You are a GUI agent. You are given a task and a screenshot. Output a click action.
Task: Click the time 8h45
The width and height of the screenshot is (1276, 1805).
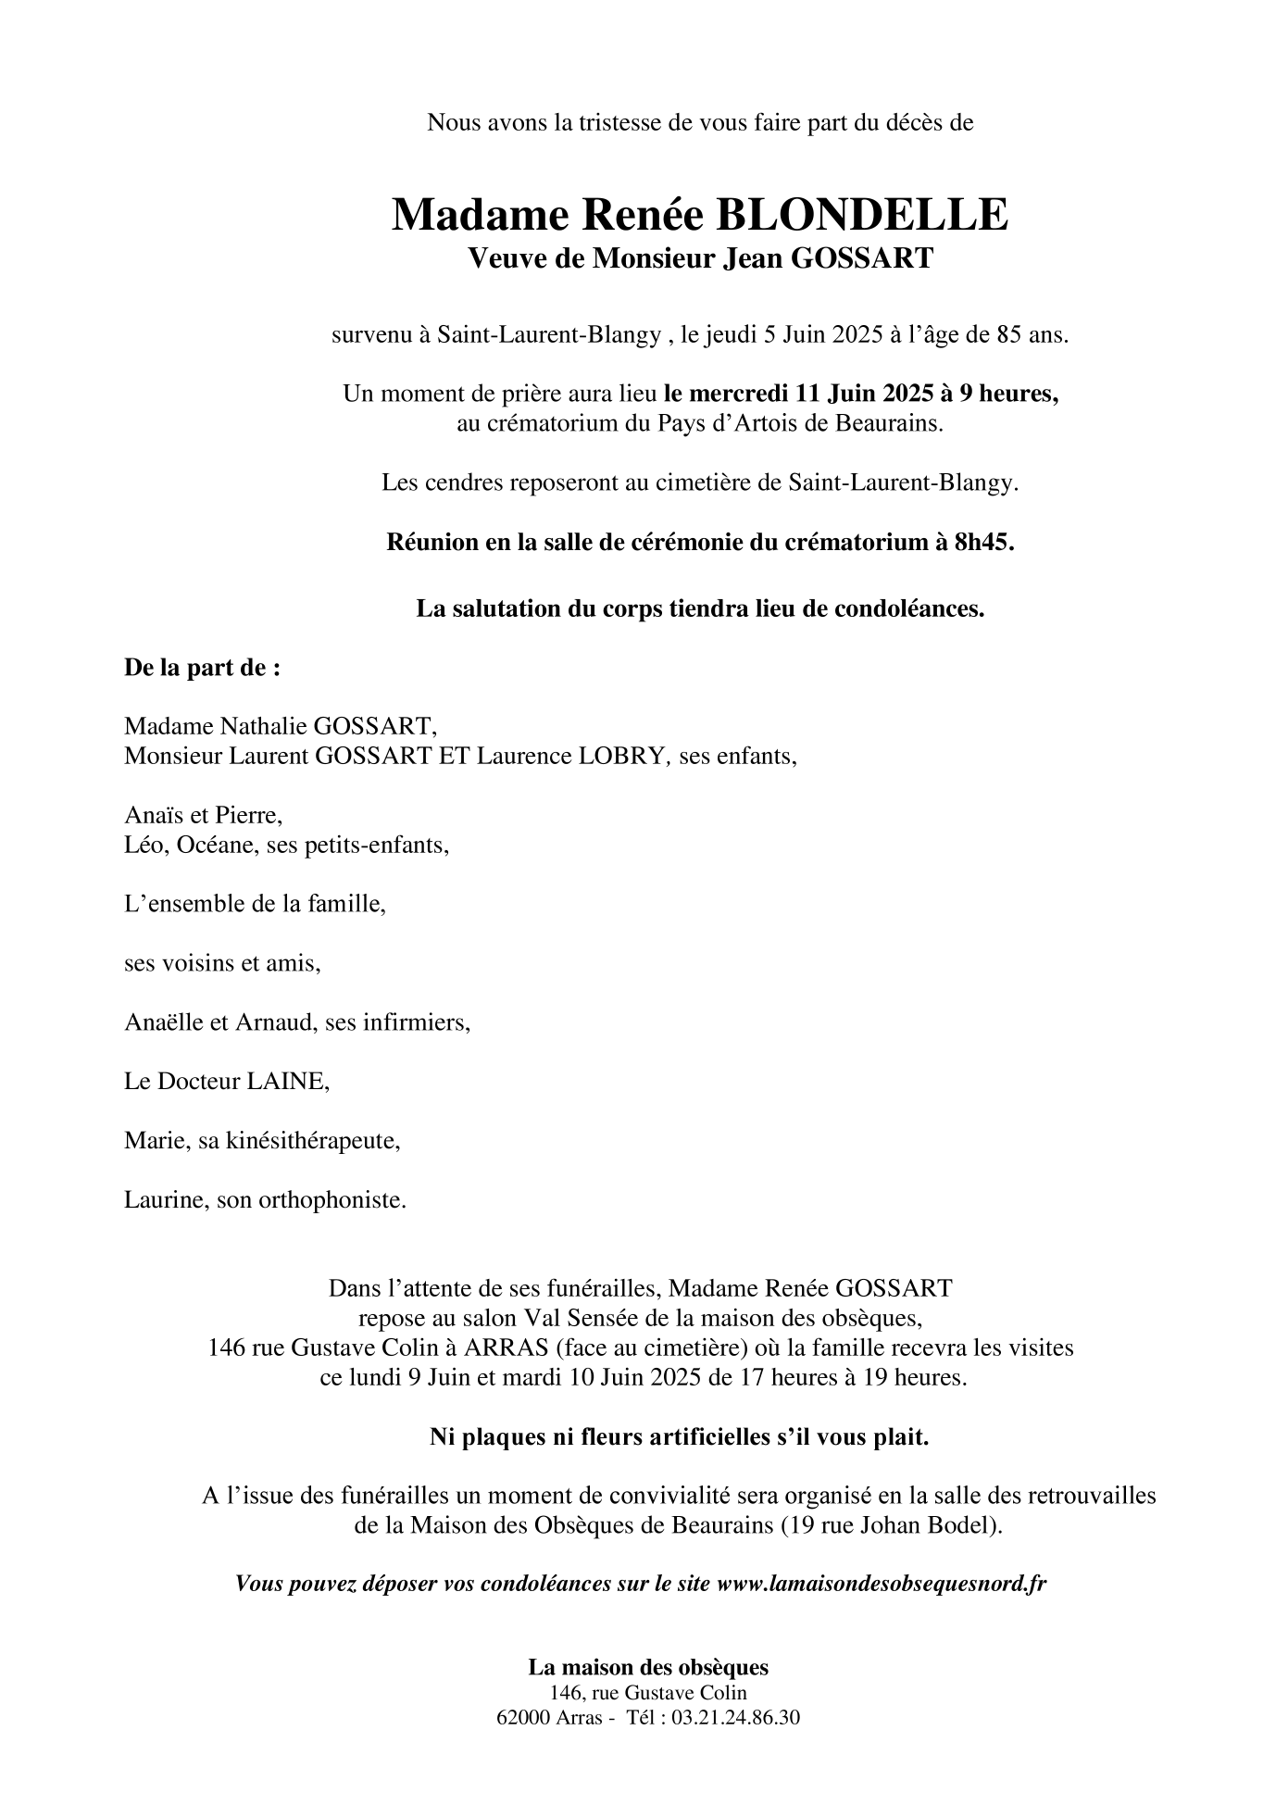[x=983, y=542]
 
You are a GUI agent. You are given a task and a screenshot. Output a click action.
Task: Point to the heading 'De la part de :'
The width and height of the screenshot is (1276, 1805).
[x=202, y=668]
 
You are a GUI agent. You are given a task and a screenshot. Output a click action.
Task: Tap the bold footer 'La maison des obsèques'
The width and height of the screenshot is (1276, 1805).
[x=648, y=1667]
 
